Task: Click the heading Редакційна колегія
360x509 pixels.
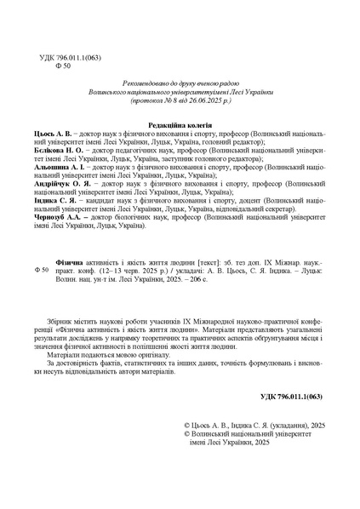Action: (180, 125)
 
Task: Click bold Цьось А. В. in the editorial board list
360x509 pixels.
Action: (54, 134)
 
